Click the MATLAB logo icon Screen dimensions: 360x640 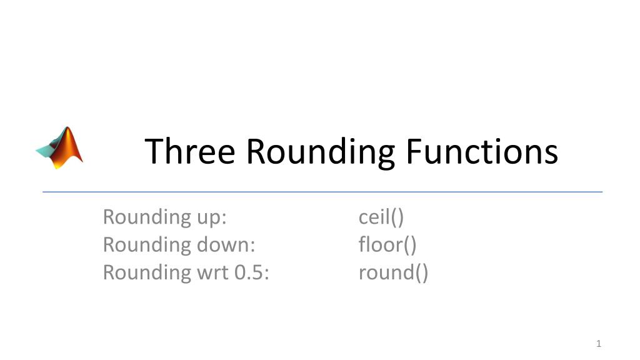tap(60, 147)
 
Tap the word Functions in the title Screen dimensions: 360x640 tap(481, 151)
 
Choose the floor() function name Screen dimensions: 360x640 tap(387, 244)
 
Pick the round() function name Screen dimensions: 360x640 tap(393, 272)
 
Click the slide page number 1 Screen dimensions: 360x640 tap(598, 344)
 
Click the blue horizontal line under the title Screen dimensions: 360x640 tap(322, 192)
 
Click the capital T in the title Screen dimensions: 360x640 tap(153, 151)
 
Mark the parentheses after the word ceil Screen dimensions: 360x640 tap(397, 217)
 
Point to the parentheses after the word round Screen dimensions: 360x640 tap(421, 273)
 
